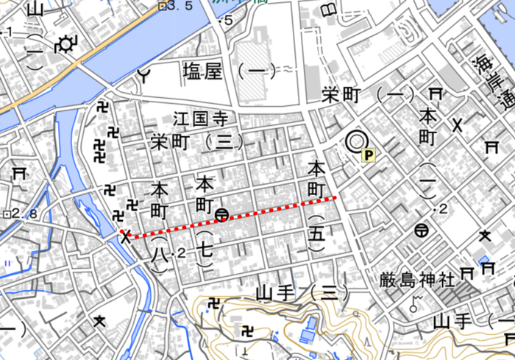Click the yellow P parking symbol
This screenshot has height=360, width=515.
click(369, 155)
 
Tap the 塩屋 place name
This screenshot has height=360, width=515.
click(202, 71)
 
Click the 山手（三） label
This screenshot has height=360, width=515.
click(302, 293)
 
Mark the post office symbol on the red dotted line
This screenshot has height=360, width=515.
click(221, 215)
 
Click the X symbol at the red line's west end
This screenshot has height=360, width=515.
click(126, 236)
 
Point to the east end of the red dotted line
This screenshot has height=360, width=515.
click(335, 198)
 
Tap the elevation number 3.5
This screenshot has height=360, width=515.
click(181, 6)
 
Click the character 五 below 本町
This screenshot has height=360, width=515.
click(316, 233)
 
